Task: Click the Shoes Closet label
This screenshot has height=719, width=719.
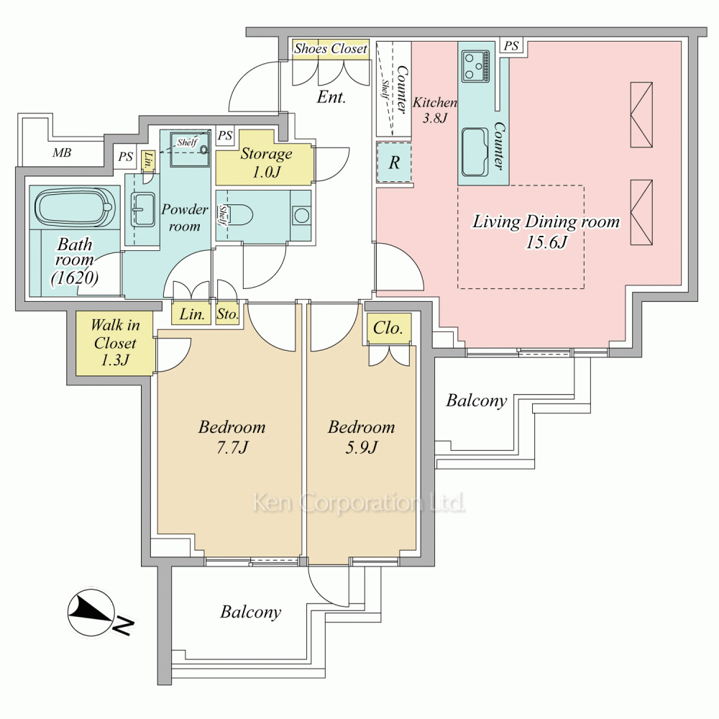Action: click(x=331, y=48)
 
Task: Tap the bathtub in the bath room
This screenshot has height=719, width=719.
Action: click(x=74, y=209)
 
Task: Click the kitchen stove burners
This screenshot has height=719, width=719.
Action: click(x=475, y=66)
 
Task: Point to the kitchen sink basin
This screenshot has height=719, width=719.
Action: click(x=475, y=152)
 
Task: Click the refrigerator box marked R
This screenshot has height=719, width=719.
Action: click(x=394, y=162)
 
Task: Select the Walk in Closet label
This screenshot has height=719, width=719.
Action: click(x=114, y=342)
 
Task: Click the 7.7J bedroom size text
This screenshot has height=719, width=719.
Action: click(x=232, y=447)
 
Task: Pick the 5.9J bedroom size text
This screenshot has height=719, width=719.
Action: click(x=362, y=447)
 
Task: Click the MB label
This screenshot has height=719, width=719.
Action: click(x=62, y=152)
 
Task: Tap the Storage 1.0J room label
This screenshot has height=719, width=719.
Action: click(x=267, y=162)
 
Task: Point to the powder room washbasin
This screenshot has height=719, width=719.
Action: click(x=143, y=209)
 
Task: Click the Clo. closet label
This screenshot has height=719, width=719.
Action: click(x=388, y=328)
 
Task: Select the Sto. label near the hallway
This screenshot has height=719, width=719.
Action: click(x=227, y=314)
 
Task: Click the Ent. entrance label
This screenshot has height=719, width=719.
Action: click(x=331, y=97)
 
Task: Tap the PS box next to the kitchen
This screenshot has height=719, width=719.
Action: click(x=511, y=46)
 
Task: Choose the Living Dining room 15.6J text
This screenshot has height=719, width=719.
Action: click(x=546, y=231)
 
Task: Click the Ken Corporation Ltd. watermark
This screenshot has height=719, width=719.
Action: click(x=359, y=503)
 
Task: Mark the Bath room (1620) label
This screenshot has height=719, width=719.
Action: click(x=75, y=261)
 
